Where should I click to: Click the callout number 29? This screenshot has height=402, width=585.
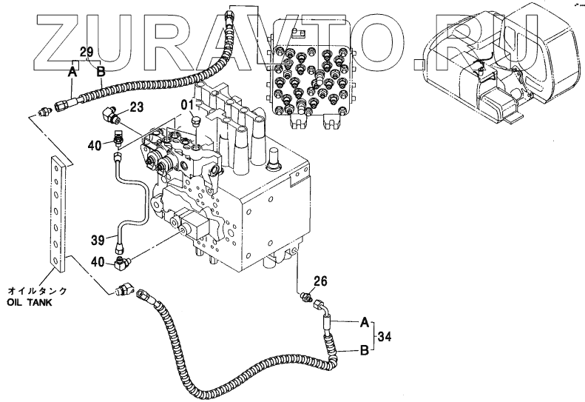point(86,53)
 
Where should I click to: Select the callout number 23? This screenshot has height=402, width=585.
point(136,107)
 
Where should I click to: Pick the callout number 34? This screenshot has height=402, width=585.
point(384,338)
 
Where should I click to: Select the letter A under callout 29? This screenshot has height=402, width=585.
point(72,72)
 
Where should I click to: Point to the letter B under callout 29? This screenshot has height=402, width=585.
point(101,72)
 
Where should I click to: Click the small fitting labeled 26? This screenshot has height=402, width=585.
point(305,298)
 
